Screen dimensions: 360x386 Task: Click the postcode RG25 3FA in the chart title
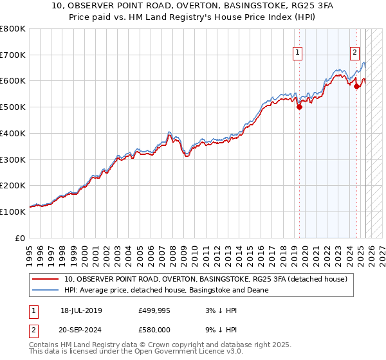click(x=309, y=5)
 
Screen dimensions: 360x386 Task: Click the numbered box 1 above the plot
click(x=299, y=53)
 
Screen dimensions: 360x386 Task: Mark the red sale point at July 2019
click(x=299, y=107)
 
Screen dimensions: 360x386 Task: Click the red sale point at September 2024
click(x=356, y=86)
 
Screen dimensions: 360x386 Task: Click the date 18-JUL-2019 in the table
click(x=81, y=310)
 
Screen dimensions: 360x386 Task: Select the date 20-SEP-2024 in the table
click(x=81, y=329)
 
